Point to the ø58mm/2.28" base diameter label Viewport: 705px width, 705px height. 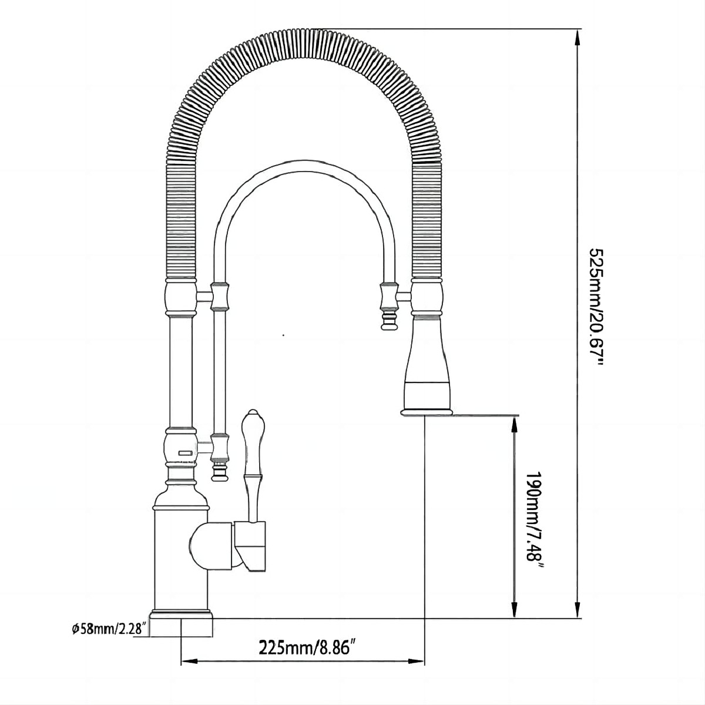(109, 619)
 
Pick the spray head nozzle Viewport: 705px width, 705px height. (427, 367)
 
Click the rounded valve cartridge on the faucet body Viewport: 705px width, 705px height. (211, 545)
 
